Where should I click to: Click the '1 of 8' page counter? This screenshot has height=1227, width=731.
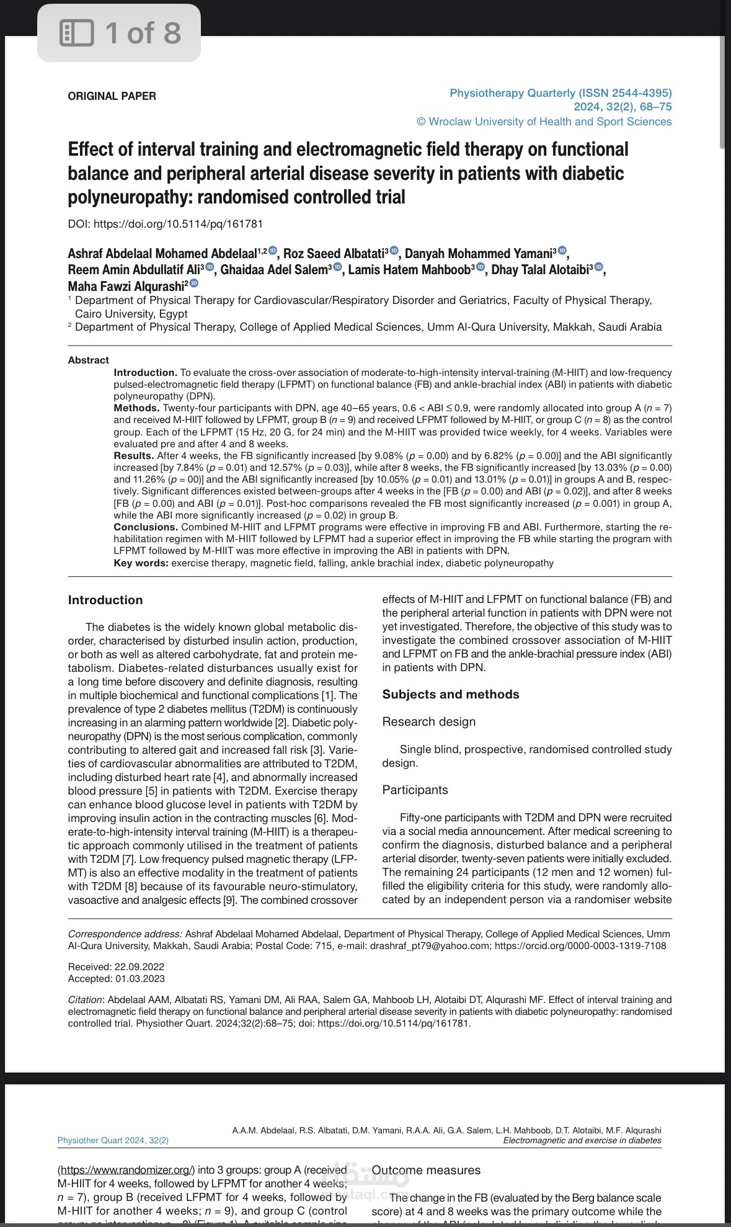(143, 32)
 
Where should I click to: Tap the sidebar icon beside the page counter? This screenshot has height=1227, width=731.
(76, 32)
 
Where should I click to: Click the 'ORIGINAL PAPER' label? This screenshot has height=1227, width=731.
(112, 96)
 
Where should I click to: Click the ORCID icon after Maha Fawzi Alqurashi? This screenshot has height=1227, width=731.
(194, 283)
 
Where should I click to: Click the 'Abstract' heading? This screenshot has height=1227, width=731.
(88, 360)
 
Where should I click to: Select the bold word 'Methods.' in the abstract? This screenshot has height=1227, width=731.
(136, 408)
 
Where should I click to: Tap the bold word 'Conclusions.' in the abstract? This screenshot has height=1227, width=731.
(146, 527)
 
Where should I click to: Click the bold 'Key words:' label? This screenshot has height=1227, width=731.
(141, 563)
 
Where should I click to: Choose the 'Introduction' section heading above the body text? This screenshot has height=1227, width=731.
(105, 600)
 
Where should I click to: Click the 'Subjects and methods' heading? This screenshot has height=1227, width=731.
(451, 694)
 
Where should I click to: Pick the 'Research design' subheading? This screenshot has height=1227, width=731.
(428, 721)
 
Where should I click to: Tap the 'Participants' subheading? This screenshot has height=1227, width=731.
(415, 790)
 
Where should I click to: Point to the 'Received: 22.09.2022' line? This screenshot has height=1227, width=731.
(116, 966)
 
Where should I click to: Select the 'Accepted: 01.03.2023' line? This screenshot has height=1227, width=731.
(116, 978)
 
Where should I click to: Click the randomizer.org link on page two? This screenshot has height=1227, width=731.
(126, 1170)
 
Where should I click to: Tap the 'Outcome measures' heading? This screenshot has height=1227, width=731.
(426, 1170)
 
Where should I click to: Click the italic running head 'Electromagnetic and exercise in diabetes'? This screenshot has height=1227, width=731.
(582, 1140)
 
